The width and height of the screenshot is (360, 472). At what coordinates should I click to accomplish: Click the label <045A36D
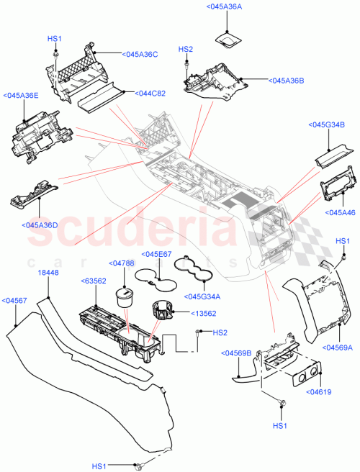pyautogui.click(x=40, y=224)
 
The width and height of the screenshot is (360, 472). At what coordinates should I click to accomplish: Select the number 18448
pyautogui.click(x=48, y=273)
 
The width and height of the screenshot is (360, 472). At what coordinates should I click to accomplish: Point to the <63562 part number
pyautogui.click(x=94, y=281)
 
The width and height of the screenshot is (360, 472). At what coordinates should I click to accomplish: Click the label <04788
pyautogui.click(x=122, y=263)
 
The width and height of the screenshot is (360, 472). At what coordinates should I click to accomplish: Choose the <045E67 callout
pyautogui.click(x=156, y=254)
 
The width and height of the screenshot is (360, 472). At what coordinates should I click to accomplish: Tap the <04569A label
pyautogui.click(x=339, y=347)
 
